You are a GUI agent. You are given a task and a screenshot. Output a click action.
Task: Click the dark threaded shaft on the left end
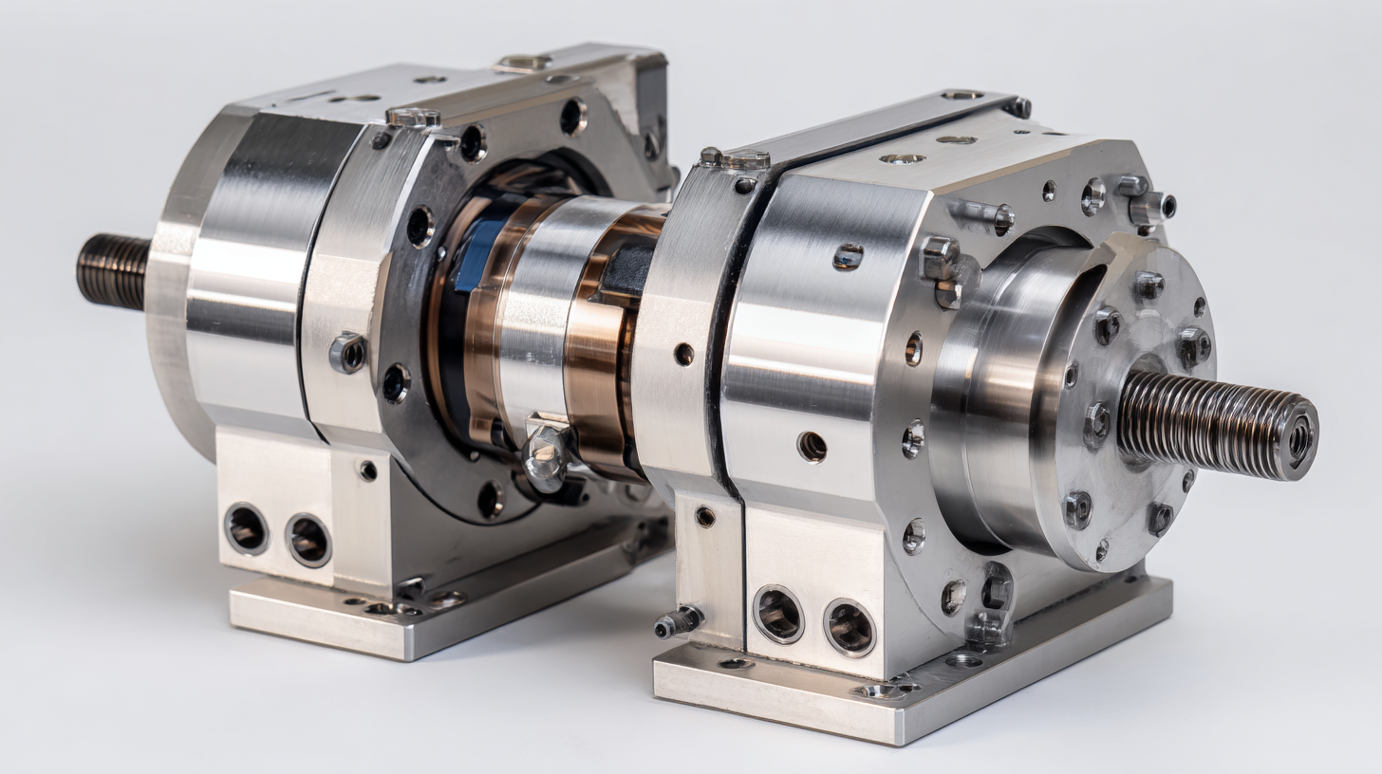click(112, 271)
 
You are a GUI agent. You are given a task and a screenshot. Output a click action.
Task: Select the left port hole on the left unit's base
click(246, 528)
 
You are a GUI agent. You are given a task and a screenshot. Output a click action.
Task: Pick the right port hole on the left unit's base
click(308, 541)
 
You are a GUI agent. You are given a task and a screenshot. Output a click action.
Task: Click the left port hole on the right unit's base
click(777, 615)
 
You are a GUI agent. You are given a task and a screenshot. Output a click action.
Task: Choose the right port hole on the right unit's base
click(849, 627)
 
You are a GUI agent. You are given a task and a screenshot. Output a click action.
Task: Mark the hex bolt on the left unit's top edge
click(414, 119)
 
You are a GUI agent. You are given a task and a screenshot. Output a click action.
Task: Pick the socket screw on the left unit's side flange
click(347, 353)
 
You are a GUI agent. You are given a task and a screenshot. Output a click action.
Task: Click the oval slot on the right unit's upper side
click(848, 256)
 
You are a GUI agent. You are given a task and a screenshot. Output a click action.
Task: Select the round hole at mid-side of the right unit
click(811, 446)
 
